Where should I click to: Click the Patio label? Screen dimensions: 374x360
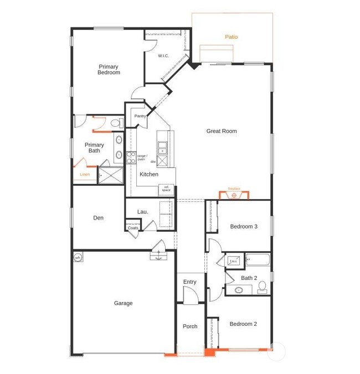pos(232,37)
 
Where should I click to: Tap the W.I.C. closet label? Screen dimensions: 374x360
pos(163,56)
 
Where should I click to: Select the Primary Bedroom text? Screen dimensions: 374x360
pos(109,70)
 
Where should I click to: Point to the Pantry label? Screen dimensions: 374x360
pos(140,116)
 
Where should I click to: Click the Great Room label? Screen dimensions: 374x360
pos(222,131)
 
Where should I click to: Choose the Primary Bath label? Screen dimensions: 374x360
pos(94,148)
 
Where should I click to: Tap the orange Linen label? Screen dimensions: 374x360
pos(84,175)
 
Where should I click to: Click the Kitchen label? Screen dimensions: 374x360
pos(148,174)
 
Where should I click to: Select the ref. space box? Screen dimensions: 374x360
pos(166,189)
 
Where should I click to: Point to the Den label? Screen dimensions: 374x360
pos(98,218)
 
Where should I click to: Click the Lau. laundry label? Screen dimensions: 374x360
pos(142,211)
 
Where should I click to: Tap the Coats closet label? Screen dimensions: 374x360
pos(133,227)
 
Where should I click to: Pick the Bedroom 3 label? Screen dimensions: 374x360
pos(244,227)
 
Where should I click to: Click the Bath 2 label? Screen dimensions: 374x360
pos(249,278)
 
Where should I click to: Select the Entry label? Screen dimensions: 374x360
pos(189,282)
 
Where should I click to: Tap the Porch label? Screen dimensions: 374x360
pos(190,326)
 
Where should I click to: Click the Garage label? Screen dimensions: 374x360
pos(124,303)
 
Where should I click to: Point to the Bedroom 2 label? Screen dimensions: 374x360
pos(244,324)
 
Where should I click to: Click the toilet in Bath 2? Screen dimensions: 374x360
pos(263,287)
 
